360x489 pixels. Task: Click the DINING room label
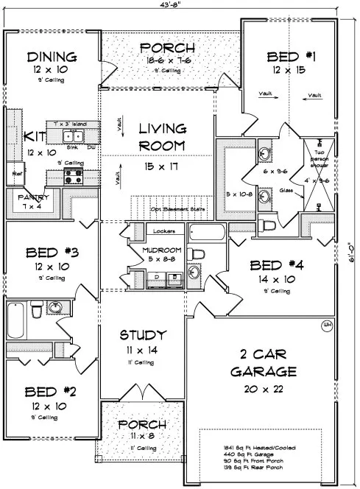52,57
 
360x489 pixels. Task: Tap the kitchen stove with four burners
74,176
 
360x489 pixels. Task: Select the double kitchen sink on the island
71,136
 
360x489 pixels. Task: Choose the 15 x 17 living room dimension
163,169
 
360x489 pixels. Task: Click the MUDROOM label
156,249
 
